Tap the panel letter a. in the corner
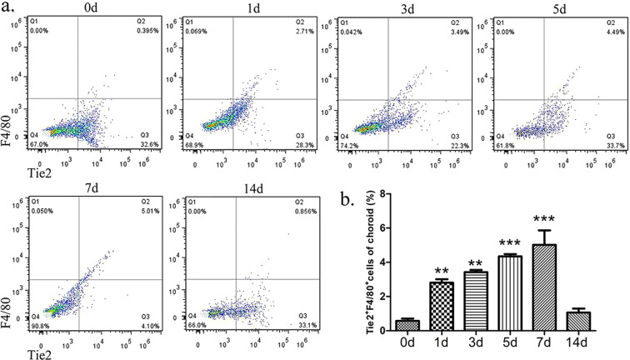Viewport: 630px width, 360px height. click(x=8, y=8)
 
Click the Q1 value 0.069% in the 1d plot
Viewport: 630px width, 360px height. click(x=189, y=30)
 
